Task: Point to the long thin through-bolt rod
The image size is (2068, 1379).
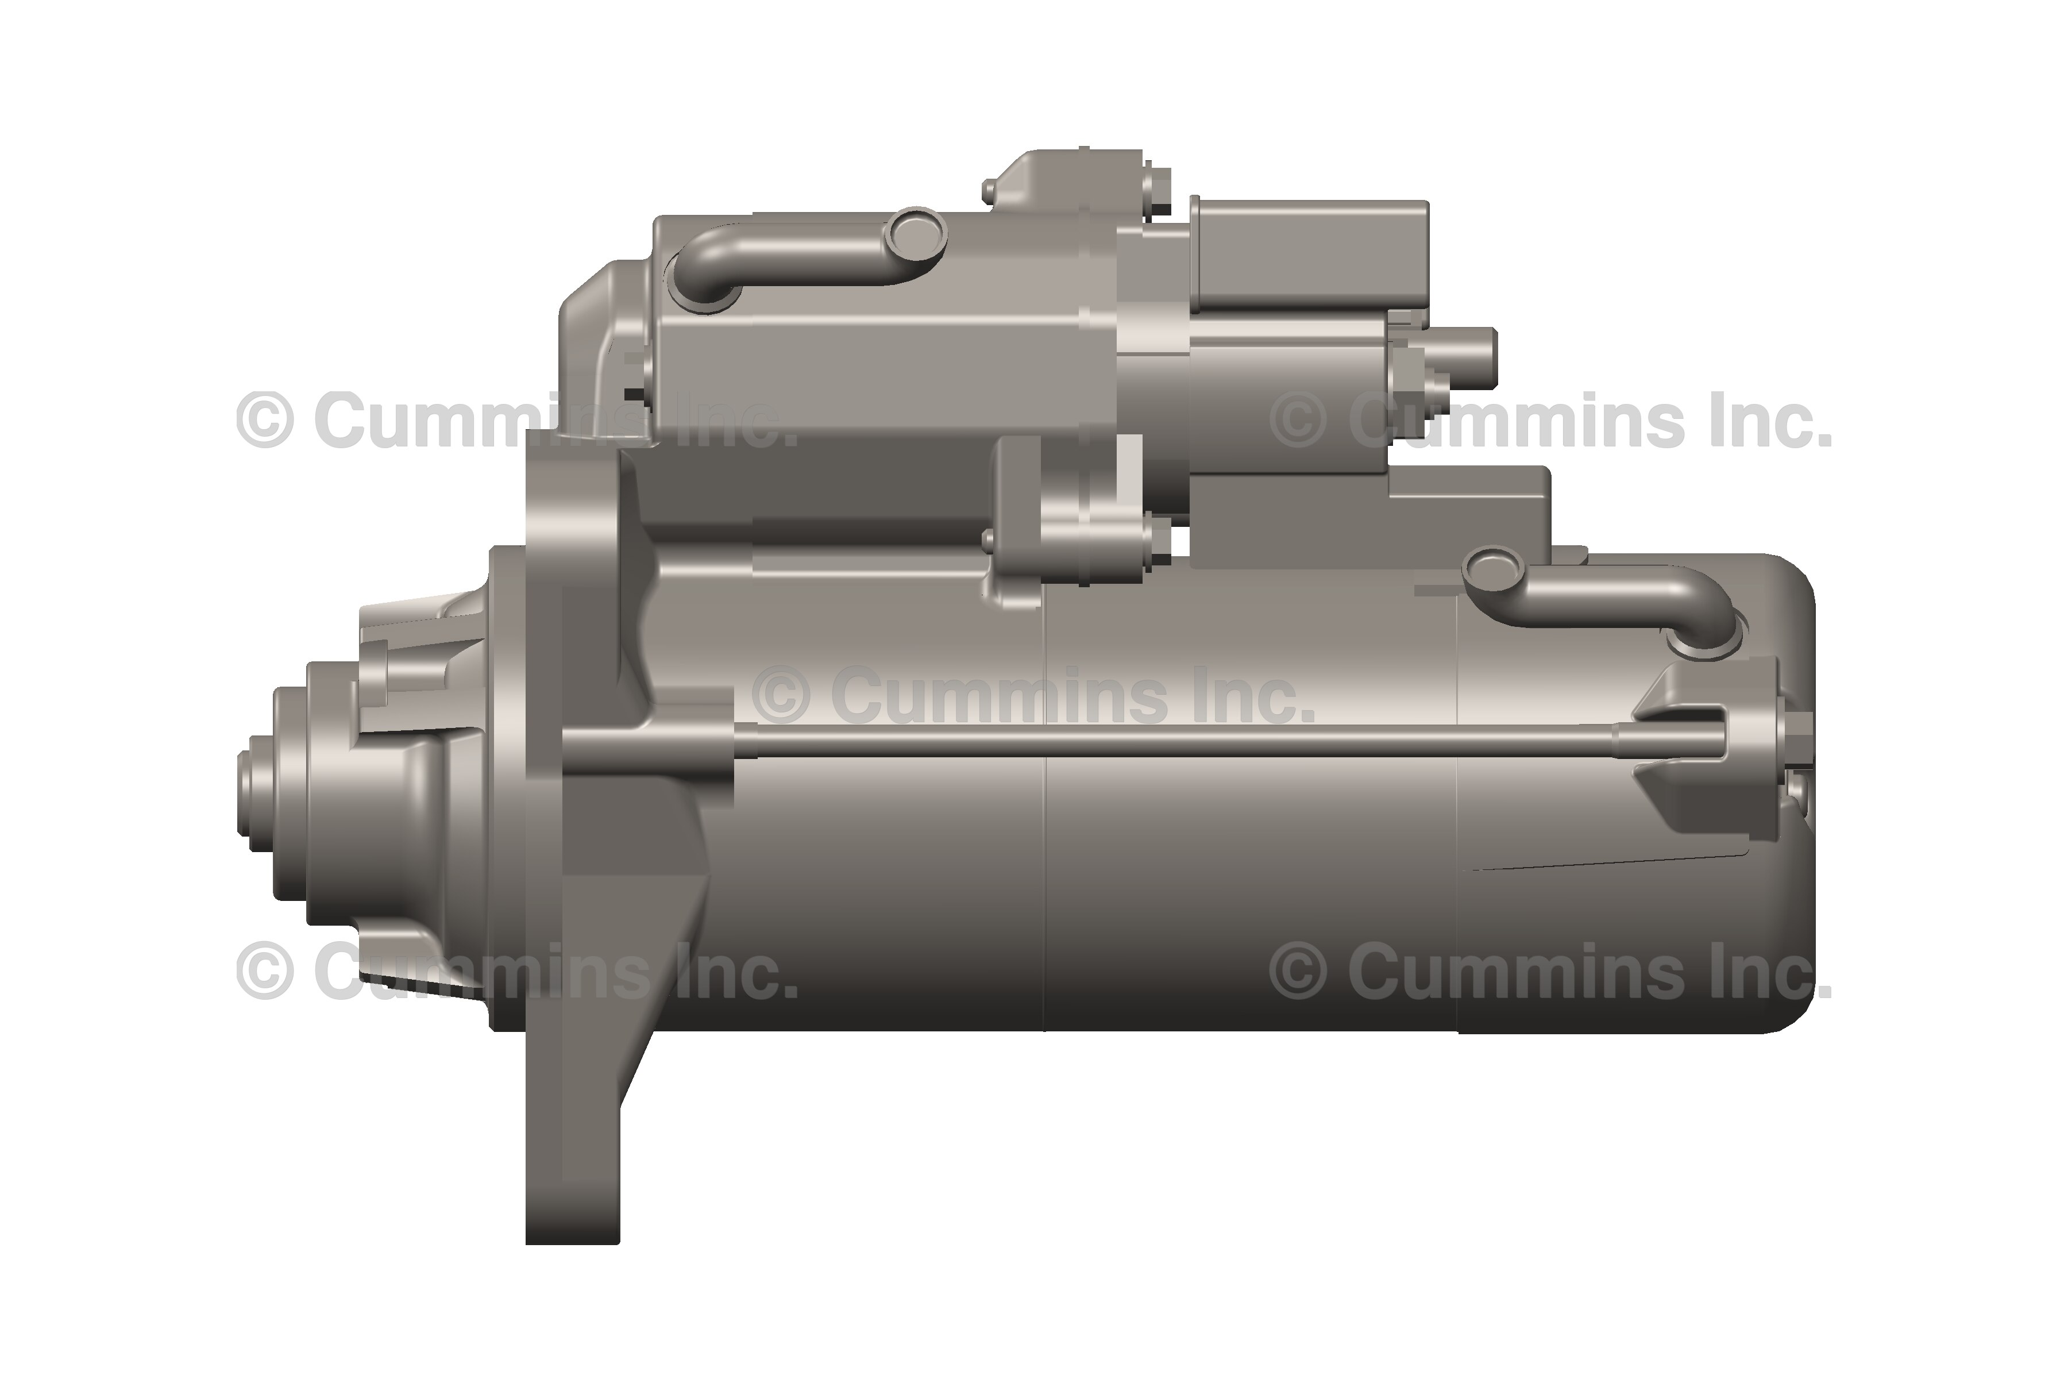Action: [x=1143, y=743]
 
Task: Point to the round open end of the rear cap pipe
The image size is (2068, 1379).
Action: [x=1493, y=567]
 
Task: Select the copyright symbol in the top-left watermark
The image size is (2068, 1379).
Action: [x=264, y=421]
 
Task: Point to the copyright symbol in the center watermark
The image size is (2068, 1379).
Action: [x=781, y=695]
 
